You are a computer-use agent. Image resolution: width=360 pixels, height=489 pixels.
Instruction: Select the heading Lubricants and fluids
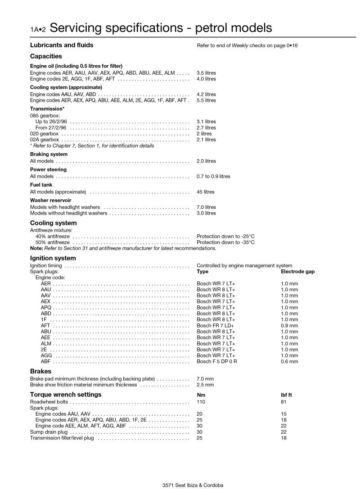(62, 45)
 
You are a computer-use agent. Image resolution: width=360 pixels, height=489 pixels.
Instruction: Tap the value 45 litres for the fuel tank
(205, 192)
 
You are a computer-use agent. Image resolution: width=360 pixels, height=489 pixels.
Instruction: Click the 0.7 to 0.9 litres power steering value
(213, 176)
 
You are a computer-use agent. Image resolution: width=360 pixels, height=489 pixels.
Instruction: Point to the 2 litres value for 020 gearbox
(204, 134)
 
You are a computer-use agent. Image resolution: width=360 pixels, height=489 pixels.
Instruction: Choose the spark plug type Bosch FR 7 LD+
(215, 326)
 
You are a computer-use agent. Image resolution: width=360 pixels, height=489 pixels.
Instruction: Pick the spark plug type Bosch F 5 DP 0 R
(217, 361)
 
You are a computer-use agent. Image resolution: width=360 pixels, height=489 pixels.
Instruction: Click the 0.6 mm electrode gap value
(289, 361)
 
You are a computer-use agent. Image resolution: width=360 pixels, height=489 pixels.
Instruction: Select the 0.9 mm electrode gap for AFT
(289, 326)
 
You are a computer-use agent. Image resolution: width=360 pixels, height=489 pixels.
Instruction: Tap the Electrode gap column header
(297, 272)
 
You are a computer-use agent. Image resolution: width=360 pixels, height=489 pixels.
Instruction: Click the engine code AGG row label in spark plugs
(46, 355)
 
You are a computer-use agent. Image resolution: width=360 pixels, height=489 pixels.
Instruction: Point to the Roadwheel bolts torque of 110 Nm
(201, 402)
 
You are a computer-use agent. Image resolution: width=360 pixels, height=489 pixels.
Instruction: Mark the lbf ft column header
(287, 395)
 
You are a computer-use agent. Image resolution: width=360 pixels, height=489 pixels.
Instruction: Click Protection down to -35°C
(225, 242)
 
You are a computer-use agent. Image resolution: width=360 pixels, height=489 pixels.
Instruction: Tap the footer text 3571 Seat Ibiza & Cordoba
(193, 485)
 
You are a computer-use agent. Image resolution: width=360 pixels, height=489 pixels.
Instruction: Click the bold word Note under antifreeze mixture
(36, 248)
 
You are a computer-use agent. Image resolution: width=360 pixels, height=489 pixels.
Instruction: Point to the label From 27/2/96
(51, 128)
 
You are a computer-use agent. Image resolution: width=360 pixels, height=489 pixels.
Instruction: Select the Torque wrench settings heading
(66, 395)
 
